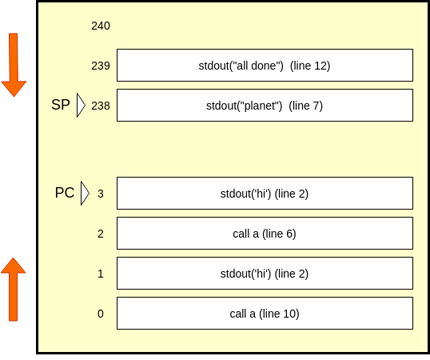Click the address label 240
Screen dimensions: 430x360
click(101, 26)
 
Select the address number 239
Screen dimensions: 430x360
click(101, 66)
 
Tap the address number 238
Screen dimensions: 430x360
click(101, 106)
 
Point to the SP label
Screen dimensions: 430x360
click(61, 105)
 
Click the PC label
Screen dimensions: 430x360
click(65, 193)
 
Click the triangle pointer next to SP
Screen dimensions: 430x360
click(81, 106)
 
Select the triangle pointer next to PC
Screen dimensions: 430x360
click(85, 193)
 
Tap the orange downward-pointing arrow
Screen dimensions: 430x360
click(14, 65)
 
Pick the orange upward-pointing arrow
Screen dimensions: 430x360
click(13, 290)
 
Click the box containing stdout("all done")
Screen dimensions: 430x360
click(265, 66)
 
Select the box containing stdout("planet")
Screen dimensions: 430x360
click(265, 105)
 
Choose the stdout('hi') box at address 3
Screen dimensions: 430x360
click(265, 193)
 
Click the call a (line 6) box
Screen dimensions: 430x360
click(265, 234)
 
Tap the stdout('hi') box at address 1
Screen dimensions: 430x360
click(265, 274)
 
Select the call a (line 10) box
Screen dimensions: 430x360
click(265, 313)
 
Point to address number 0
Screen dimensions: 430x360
click(101, 314)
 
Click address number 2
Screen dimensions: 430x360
click(101, 234)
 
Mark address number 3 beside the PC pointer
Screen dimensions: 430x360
click(101, 194)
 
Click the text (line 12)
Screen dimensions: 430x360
click(310, 66)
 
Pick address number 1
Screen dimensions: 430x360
click(101, 274)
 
